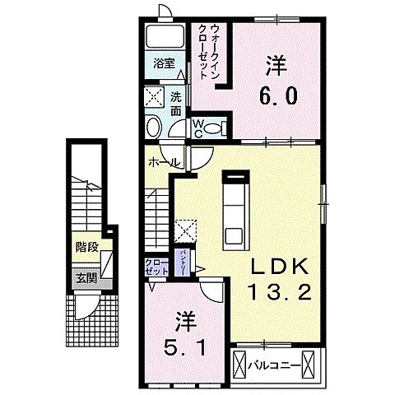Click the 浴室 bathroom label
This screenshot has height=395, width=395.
pos(162,63)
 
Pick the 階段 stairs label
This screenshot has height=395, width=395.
pos(86,247)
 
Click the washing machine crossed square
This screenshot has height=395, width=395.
pos(153,96)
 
